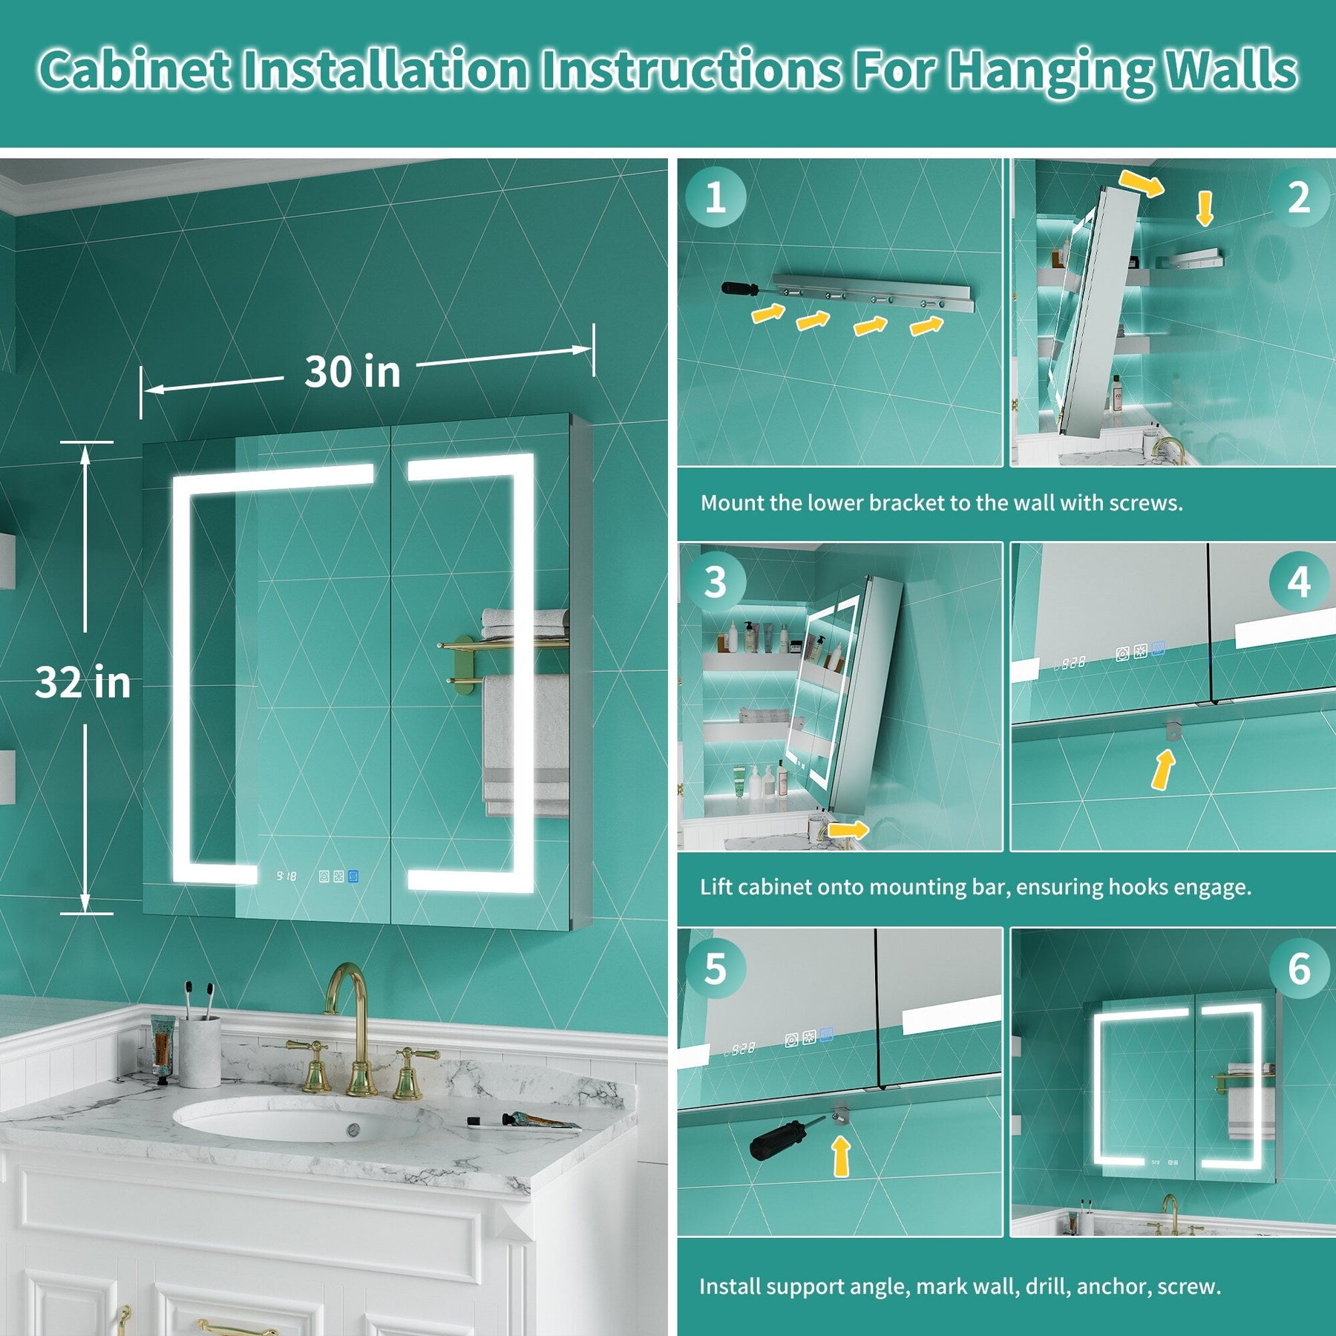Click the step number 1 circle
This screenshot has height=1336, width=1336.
point(716,197)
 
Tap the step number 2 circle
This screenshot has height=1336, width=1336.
point(1298,197)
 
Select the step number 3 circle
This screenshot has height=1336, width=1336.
point(716,582)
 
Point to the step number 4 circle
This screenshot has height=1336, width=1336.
point(1298,582)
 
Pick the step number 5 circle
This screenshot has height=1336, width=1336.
point(716,968)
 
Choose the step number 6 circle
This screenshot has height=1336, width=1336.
point(1298,968)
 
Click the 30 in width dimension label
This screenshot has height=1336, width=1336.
point(353,371)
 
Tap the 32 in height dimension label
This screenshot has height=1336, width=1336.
point(82,681)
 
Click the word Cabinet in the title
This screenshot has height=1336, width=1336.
point(134,71)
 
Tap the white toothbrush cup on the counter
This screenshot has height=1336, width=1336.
point(200,1051)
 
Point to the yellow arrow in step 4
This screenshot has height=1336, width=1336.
point(1163,769)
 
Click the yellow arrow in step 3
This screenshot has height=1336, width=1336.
point(848,829)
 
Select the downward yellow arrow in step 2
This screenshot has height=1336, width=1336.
point(1205,209)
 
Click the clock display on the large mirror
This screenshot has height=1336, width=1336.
point(286,877)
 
